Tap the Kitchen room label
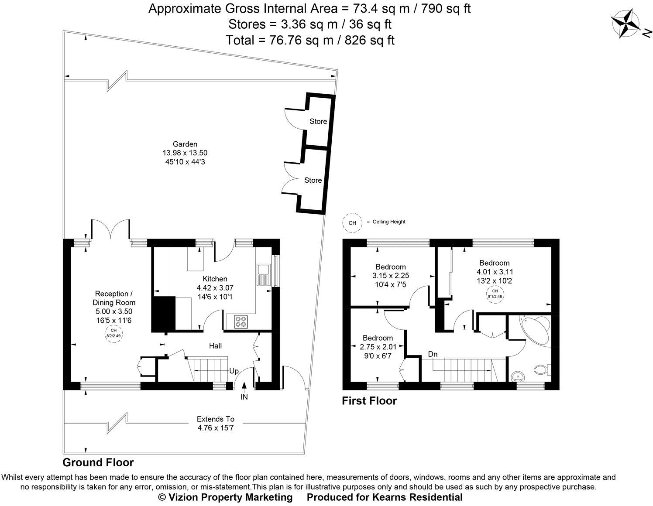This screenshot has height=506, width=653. click(x=215, y=279)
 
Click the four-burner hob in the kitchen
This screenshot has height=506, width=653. click(x=240, y=321)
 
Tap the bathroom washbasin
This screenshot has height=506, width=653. click(x=517, y=376)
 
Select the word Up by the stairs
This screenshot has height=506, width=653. click(x=234, y=371)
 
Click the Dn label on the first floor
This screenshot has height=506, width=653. click(x=433, y=354)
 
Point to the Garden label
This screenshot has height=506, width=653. click(x=185, y=144)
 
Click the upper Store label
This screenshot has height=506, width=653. click(x=318, y=121)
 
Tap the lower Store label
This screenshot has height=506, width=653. click(x=313, y=180)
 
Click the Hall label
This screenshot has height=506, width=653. click(x=215, y=346)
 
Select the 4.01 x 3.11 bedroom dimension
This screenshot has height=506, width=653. click(x=495, y=272)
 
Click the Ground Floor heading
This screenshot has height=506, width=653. click(x=98, y=462)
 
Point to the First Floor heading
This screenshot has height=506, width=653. click(x=369, y=400)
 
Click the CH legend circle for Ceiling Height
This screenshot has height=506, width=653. click(x=352, y=222)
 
